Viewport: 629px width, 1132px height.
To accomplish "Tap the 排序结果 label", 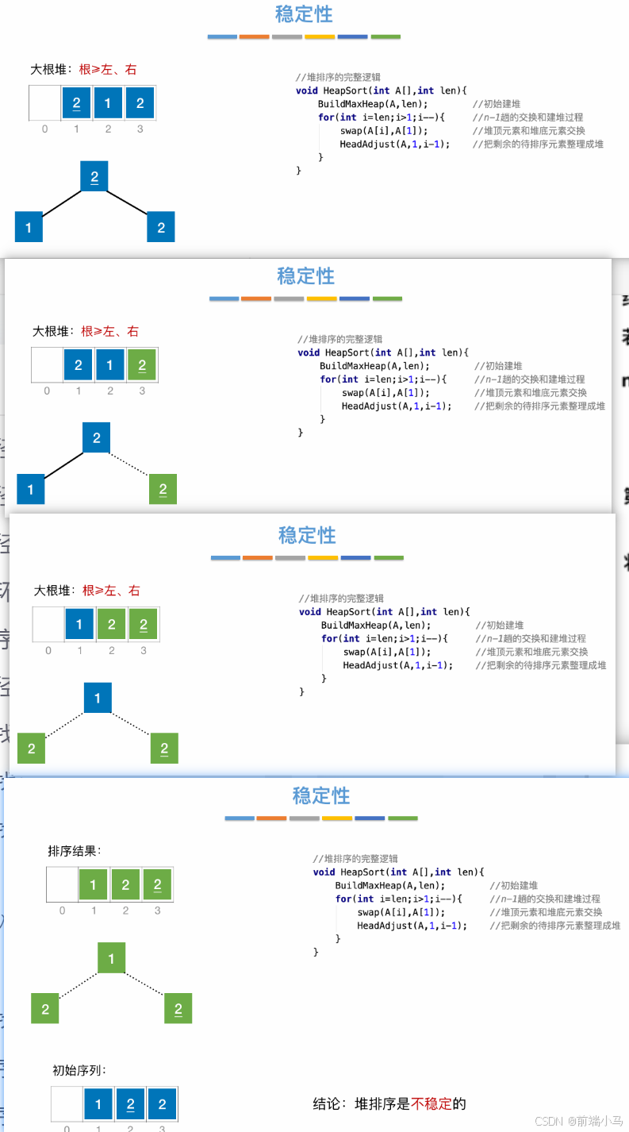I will pyautogui.click(x=75, y=851).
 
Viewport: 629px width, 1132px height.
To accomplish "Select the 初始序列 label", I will pyautogui.click(x=79, y=1070).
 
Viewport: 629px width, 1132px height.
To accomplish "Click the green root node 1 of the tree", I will pyautogui.click(x=111, y=958).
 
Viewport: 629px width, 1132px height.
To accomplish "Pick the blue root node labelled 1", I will pyautogui.click(x=98, y=698).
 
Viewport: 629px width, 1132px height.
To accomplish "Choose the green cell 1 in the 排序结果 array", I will pyautogui.click(x=94, y=885).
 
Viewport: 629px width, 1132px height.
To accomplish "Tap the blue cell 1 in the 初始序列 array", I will pyautogui.click(x=98, y=1104).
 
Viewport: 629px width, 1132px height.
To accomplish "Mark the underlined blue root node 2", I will pyautogui.click(x=94, y=176).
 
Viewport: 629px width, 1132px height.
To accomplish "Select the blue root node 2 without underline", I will pyautogui.click(x=97, y=437).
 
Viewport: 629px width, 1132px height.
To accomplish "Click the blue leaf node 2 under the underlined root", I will pyautogui.click(x=161, y=228).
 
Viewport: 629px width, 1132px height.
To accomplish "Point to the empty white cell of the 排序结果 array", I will pyautogui.click(x=62, y=885).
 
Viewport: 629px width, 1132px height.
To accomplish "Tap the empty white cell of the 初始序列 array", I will pyautogui.click(x=67, y=1104).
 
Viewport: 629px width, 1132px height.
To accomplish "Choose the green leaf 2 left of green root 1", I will pyautogui.click(x=45, y=1009).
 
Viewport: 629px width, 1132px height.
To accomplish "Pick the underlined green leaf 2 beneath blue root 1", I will pyautogui.click(x=164, y=749).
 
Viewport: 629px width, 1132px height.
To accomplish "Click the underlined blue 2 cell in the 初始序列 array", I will pyautogui.click(x=130, y=1104).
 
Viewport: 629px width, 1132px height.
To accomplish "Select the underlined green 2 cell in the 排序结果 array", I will pyautogui.click(x=157, y=885).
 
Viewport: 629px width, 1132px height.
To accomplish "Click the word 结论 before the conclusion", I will pyautogui.click(x=328, y=1103).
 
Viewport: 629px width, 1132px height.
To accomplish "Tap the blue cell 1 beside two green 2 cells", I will pyautogui.click(x=79, y=625).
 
